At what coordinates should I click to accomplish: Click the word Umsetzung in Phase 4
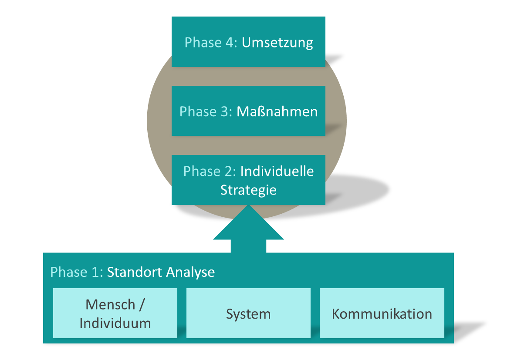click(277, 43)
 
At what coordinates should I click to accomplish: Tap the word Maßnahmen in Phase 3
click(277, 111)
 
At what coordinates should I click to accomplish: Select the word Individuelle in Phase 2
click(277, 171)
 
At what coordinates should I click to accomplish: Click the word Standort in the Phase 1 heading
click(135, 272)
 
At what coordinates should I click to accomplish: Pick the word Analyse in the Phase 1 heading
click(190, 273)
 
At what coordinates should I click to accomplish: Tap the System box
click(249, 313)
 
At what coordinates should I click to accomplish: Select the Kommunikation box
click(382, 313)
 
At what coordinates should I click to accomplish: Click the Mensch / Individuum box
click(115, 313)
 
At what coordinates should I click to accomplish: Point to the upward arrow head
click(249, 222)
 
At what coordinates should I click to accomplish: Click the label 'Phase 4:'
click(211, 43)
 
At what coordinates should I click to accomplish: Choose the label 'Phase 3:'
click(206, 111)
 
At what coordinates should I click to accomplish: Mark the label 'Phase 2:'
click(210, 171)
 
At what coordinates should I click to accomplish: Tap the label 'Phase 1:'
click(76, 272)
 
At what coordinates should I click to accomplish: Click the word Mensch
click(110, 305)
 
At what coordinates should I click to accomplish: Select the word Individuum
click(115, 323)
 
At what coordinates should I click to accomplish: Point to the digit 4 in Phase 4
click(230, 43)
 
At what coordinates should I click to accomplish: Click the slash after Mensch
click(142, 305)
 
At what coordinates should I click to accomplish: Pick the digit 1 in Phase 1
click(95, 272)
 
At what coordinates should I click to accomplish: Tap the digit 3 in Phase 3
click(224, 111)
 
